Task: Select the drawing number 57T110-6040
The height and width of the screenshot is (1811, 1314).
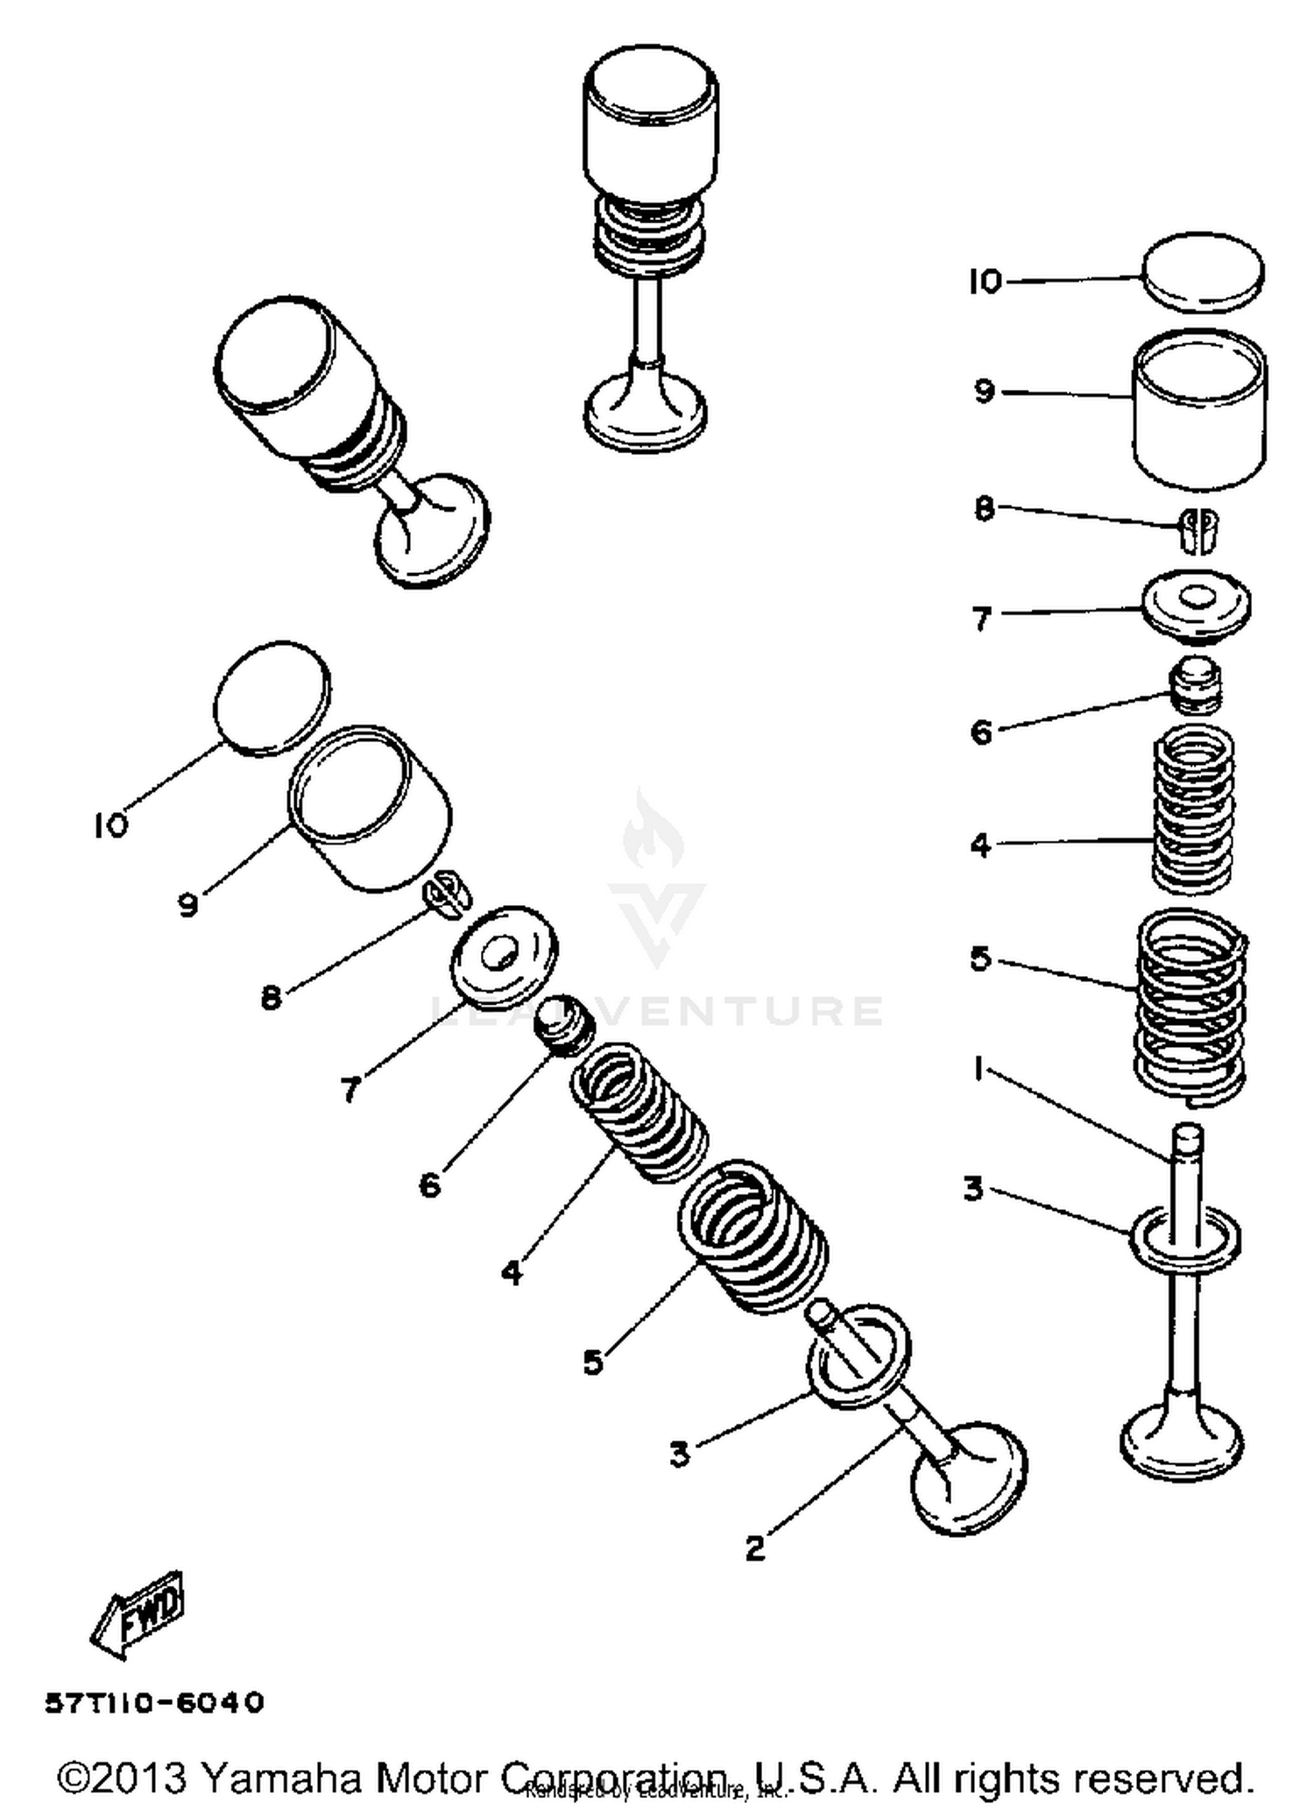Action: (154, 1702)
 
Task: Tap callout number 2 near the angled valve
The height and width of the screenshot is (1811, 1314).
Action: (755, 1549)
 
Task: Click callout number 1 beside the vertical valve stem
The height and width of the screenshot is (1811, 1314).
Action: (978, 1067)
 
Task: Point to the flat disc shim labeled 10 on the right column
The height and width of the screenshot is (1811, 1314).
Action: (1204, 272)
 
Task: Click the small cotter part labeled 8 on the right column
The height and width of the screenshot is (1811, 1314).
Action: (1197, 530)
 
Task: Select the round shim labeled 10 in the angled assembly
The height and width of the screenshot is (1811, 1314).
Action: (272, 698)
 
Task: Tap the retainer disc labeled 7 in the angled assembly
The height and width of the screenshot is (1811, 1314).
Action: (505, 956)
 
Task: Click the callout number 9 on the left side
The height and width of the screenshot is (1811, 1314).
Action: (188, 903)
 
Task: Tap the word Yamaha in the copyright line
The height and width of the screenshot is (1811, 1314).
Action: (281, 1779)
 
